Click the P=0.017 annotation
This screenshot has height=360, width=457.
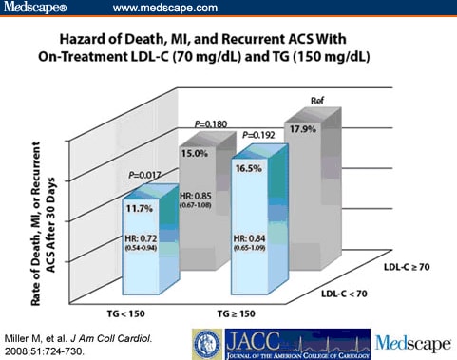[x=143, y=175]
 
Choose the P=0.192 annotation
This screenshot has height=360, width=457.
[x=256, y=136]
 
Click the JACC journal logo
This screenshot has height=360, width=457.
[x=285, y=343]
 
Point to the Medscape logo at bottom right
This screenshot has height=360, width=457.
[x=414, y=343]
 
